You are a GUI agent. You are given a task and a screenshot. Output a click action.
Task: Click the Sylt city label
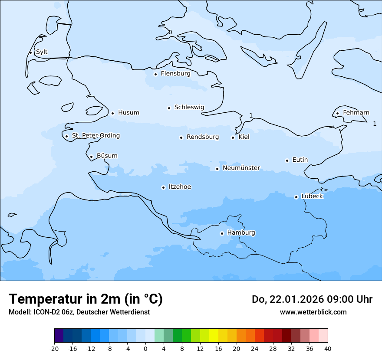[42, 52]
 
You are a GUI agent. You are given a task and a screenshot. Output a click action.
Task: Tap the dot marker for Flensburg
[155, 74]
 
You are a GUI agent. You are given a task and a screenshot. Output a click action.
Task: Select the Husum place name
[128, 113]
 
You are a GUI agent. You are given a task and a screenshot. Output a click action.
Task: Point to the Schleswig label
[189, 107]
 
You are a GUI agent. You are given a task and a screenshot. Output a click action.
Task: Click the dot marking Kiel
[233, 137]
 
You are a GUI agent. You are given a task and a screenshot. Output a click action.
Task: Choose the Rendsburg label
[203, 137]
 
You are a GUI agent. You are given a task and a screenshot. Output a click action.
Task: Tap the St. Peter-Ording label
[95, 136]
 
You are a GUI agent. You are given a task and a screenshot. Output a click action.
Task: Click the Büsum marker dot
[91, 157]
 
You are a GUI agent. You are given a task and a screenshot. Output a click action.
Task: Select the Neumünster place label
[241, 168]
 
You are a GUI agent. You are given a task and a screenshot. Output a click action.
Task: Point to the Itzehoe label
[180, 187]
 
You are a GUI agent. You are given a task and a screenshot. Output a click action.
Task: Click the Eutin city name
[300, 160]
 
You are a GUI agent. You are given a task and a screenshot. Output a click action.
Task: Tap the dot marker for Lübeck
[296, 197]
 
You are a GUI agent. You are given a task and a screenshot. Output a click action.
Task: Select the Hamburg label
[241, 233]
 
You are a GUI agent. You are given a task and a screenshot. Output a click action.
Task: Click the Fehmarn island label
[356, 113]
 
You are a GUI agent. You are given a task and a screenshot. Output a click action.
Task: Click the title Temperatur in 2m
[86, 299]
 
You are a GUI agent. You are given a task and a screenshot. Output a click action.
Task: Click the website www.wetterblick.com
[313, 312]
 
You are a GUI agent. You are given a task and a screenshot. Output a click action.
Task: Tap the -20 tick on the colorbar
[54, 349]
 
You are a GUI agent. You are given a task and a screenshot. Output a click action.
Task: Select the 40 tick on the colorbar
[328, 349]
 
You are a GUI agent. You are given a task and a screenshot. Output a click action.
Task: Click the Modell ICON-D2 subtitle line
[79, 312]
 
